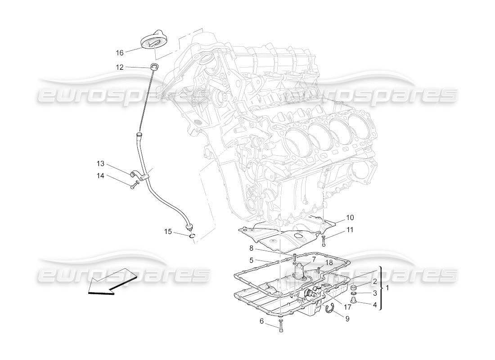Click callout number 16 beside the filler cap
[x=119, y=53]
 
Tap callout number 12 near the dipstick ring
[x=119, y=67]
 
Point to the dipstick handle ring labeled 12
[x=154, y=67]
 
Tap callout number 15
[x=168, y=232]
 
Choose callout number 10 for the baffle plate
[x=350, y=217]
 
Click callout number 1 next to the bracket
[x=388, y=288]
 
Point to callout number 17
[x=348, y=308]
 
